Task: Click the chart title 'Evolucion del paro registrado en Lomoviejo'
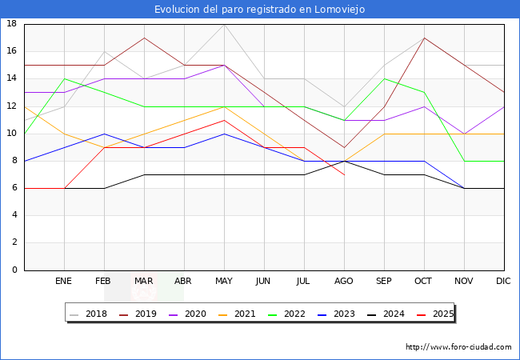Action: coord(260,9)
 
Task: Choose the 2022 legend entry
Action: coord(292,314)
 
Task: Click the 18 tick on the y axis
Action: coord(12,24)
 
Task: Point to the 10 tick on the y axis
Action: coord(12,134)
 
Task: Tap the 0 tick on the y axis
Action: coord(14,270)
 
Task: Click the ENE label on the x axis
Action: coord(64,282)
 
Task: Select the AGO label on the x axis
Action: coord(344,282)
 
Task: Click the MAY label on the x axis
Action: coord(224,282)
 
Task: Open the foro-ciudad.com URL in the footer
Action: coord(458,347)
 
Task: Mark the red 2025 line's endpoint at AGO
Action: coord(344,174)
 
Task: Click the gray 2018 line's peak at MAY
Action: coord(224,24)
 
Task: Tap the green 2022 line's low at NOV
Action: coord(464,161)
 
